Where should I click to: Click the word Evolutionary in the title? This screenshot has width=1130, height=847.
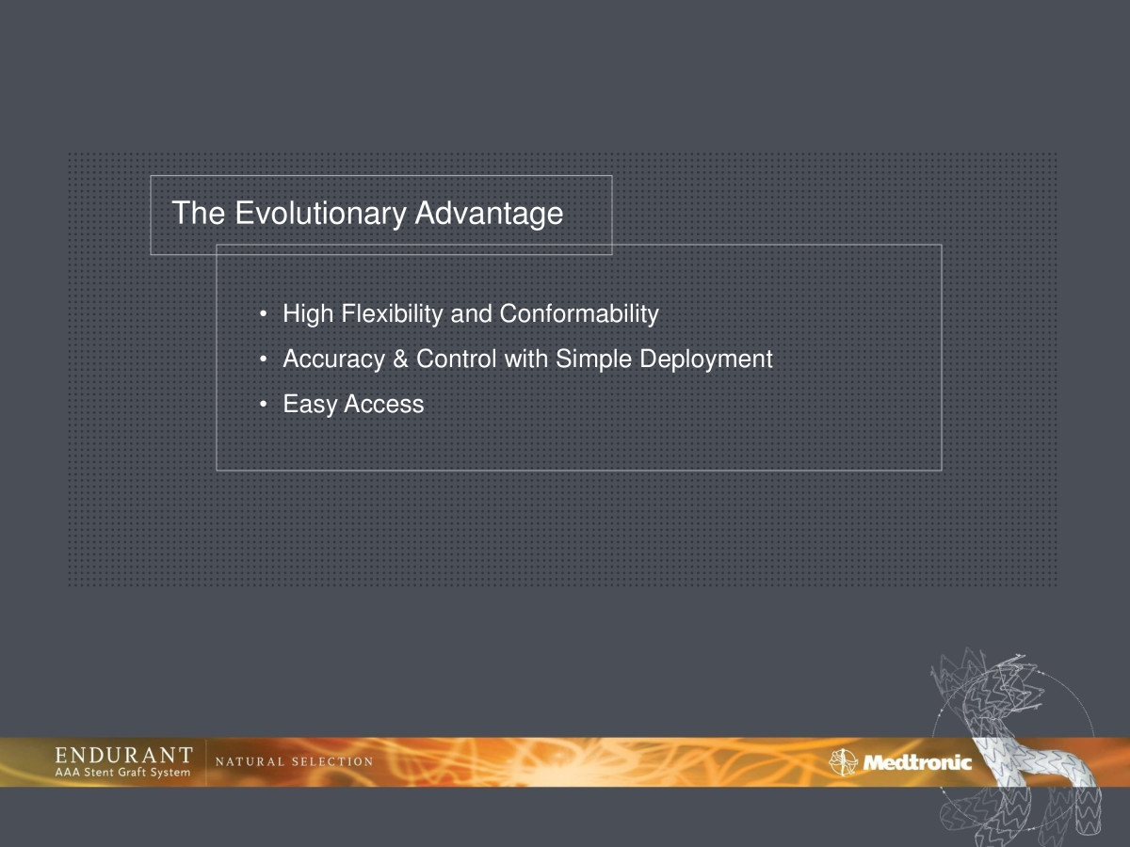pos(320,214)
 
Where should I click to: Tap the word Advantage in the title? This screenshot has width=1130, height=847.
pos(489,214)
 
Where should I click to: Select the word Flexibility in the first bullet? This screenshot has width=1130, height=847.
pos(392,314)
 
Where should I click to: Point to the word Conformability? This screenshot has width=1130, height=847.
pos(579,314)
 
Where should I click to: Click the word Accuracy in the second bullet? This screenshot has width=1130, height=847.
pos(333,360)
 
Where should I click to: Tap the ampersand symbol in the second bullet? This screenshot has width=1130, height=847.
pos(400,359)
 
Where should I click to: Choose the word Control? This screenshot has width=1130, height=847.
pos(456,359)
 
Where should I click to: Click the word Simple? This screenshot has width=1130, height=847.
pos(593,360)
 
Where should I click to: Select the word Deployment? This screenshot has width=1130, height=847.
pos(706,360)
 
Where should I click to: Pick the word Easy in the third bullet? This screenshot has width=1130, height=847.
pos(310,405)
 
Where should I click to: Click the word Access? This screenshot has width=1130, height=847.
pos(384,405)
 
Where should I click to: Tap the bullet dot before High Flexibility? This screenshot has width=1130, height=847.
pos(264,313)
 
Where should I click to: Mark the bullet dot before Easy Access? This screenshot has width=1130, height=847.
pos(264,405)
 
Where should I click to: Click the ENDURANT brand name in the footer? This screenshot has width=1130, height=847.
pos(123,755)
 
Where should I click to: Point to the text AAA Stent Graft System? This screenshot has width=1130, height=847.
pos(122,772)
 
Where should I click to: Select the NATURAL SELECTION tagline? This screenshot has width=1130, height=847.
pos(294,761)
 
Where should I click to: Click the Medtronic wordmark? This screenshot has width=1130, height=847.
pos(917,762)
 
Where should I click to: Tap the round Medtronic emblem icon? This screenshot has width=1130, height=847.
pos(843,762)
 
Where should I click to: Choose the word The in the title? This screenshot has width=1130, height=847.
pos(199,213)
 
